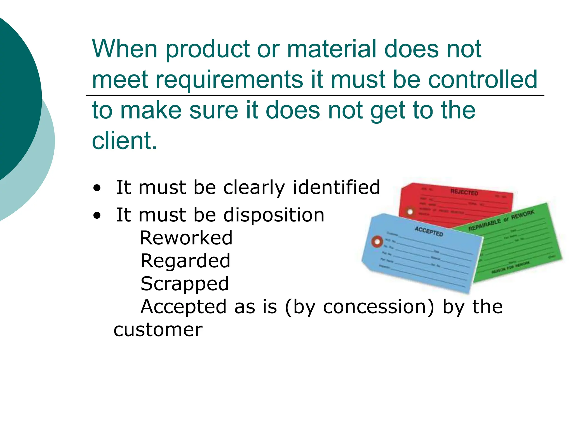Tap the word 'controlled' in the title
pyautogui.click(x=483, y=79)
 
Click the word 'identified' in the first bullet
pyautogui.click(x=336, y=187)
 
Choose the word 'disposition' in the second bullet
pyautogui.click(x=274, y=215)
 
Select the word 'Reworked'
pyautogui.click(x=186, y=238)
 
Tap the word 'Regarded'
pyautogui.click(x=185, y=261)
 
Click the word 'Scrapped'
pyautogui.click(x=185, y=284)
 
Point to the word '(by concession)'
pyautogui.click(x=360, y=307)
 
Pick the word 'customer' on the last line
pyautogui.click(x=158, y=330)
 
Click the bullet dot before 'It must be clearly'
pyautogui.click(x=97, y=188)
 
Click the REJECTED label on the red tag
pyautogui.click(x=464, y=192)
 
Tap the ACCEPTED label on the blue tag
pyautogui.click(x=429, y=231)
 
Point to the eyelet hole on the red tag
pyautogui.click(x=410, y=212)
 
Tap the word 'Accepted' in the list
pyautogui.click(x=184, y=307)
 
